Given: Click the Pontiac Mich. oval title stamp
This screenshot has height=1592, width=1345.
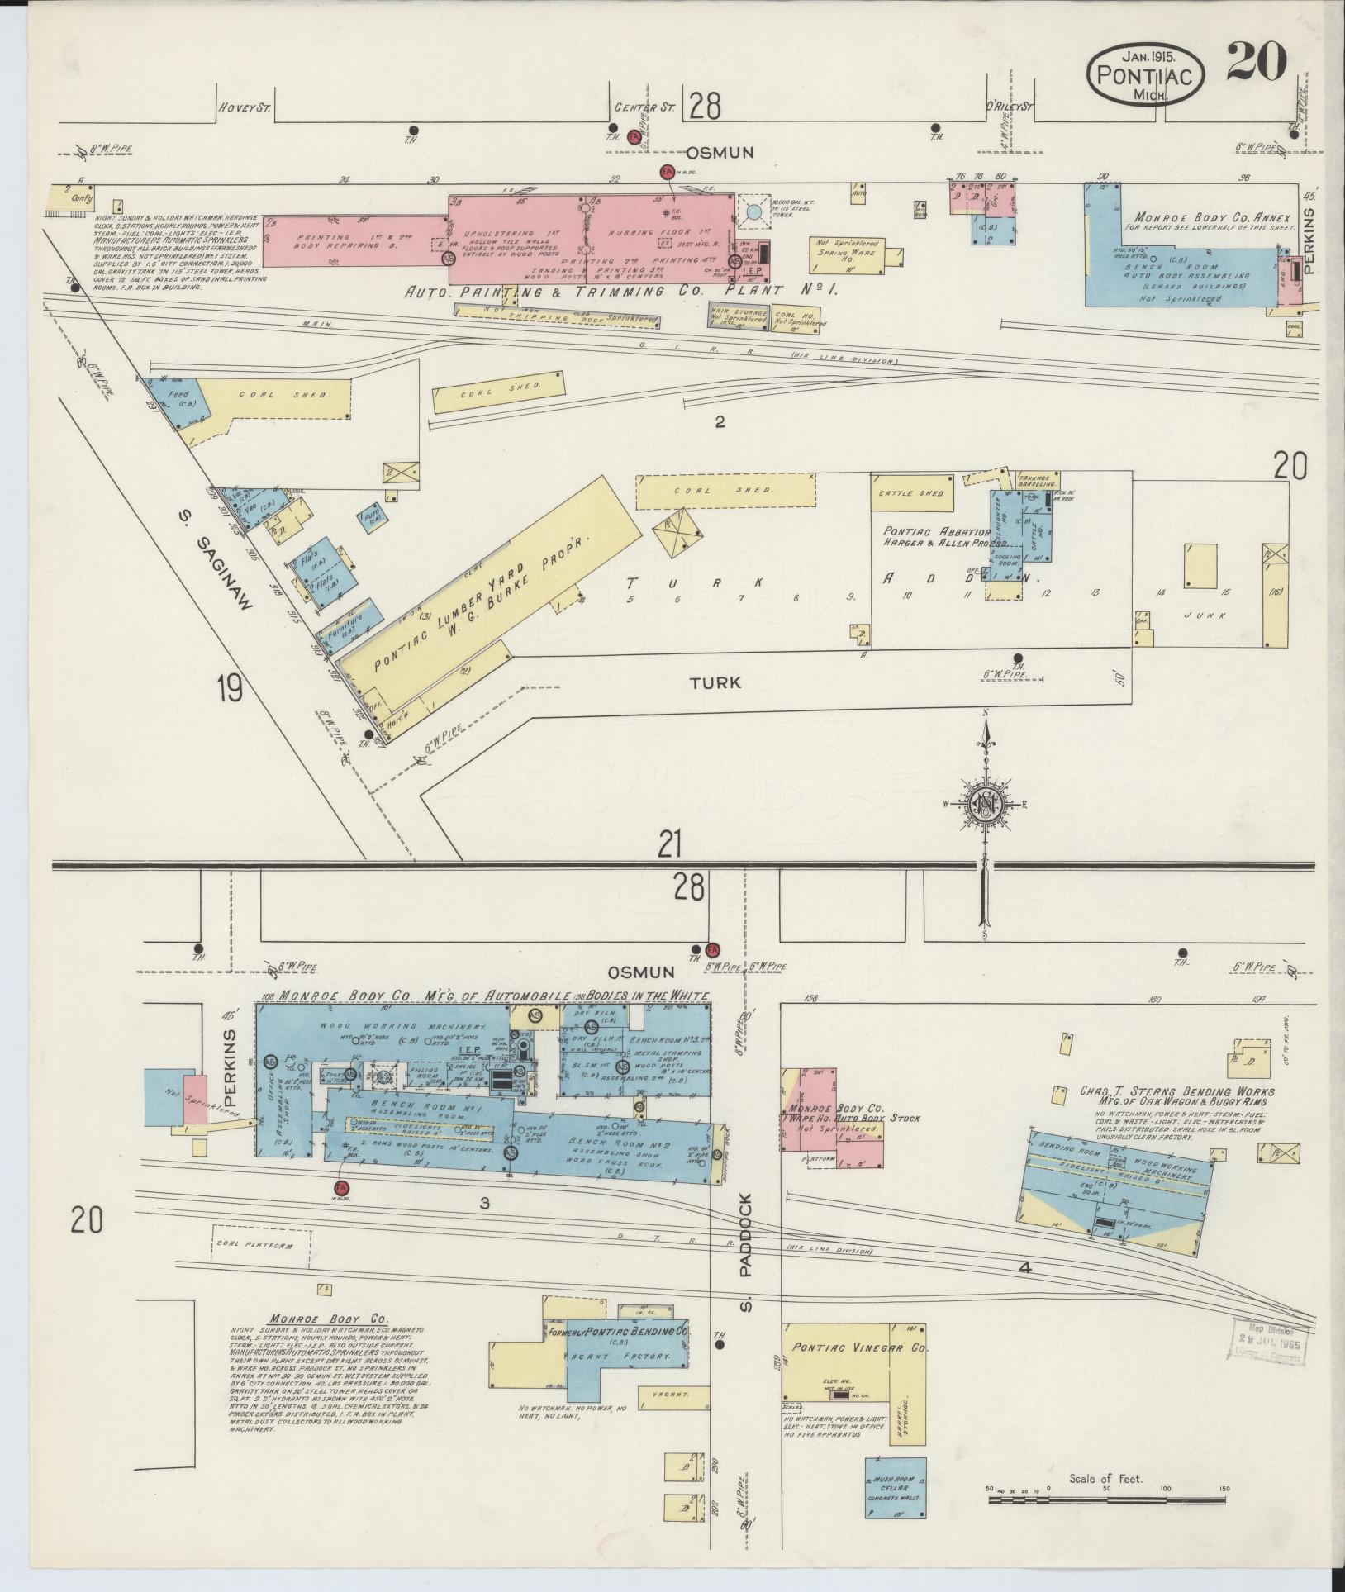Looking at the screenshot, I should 1144,74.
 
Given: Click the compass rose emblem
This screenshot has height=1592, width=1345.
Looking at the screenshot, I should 984,802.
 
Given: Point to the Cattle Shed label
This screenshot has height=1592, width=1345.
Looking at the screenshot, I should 912,494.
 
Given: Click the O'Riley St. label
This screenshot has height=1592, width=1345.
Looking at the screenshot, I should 1010,107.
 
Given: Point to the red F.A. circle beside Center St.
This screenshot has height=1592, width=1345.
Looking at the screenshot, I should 634,137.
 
